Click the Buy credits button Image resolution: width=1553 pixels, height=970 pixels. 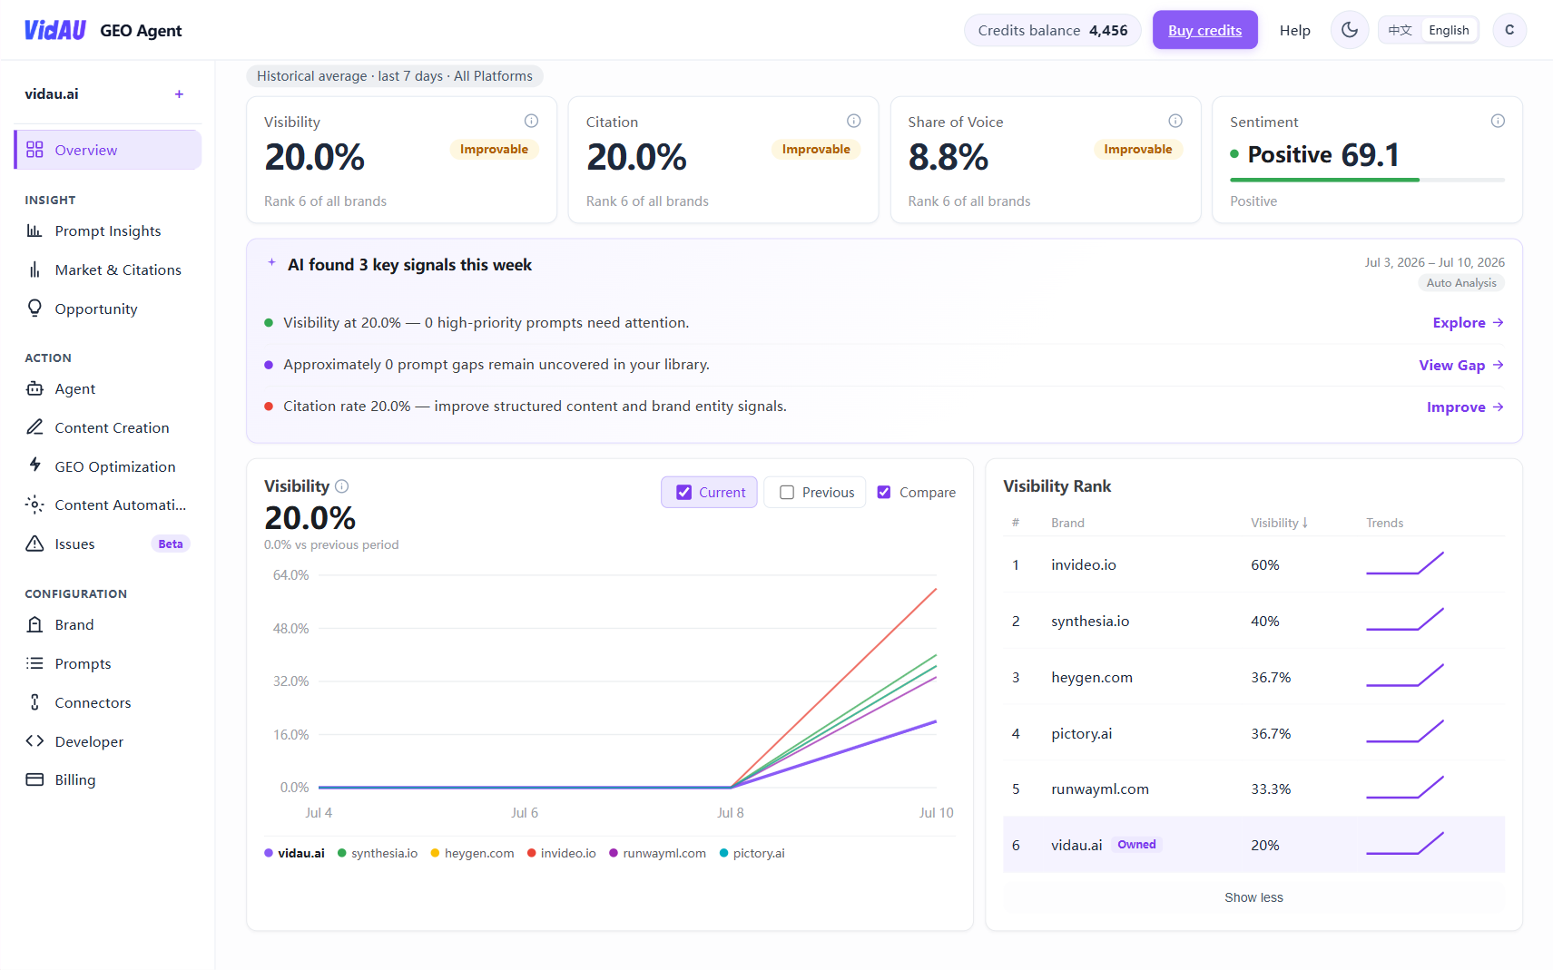pos(1205,30)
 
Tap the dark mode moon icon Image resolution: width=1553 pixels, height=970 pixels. pos(1349,30)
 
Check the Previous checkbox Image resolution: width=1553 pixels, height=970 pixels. pos(787,492)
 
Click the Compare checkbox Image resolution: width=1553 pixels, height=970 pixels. pos(884,492)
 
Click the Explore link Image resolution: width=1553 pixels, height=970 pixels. pos(1468,323)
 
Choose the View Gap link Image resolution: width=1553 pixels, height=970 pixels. pos(1460,365)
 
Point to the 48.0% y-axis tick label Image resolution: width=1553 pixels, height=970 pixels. pos(290,629)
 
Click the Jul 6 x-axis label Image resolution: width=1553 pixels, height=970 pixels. pos(524,813)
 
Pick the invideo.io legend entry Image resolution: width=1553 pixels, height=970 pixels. pos(562,853)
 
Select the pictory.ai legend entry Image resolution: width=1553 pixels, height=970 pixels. pos(752,853)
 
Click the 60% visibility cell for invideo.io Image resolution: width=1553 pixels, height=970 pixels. pos(1264,564)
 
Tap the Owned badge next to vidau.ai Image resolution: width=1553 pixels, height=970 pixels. pos(1136,845)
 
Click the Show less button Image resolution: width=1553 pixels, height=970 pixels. pos(1253,897)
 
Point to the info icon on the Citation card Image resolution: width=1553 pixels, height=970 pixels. pos(853,122)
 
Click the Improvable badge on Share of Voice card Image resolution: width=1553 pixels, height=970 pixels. pos(1137,149)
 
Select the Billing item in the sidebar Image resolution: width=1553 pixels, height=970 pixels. pos(74,779)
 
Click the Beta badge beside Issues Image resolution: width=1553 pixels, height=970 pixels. pos(171,544)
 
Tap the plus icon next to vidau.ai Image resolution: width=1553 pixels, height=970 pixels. pos(179,94)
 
